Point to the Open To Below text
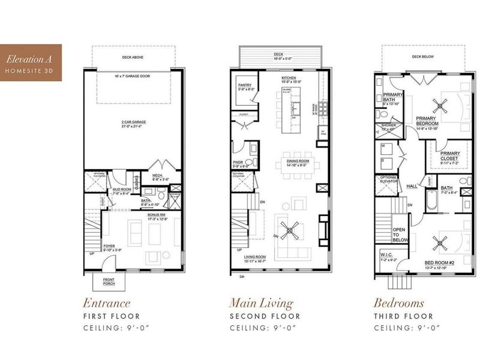click(x=400, y=235)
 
